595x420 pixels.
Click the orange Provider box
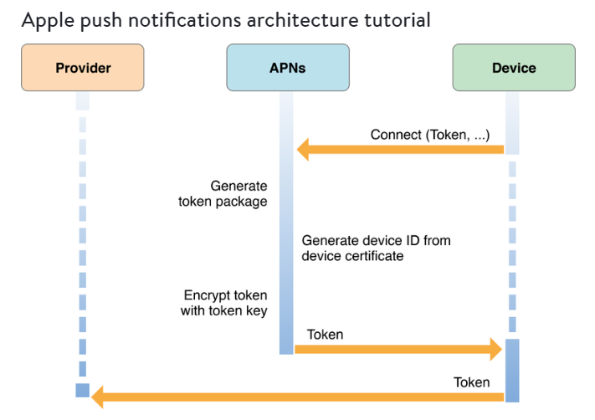[x=83, y=68]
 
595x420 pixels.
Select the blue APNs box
[x=288, y=68]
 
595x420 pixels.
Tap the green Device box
[x=514, y=68]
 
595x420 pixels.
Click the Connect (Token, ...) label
[x=430, y=135]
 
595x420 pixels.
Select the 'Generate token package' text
[x=223, y=193]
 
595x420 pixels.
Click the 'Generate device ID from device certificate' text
[x=376, y=248]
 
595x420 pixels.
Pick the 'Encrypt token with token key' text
[x=224, y=303]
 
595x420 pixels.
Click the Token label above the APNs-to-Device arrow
[x=326, y=335]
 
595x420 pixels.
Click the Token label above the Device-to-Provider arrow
[x=472, y=382]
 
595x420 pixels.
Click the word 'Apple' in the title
[x=48, y=20]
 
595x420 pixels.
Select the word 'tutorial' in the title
[x=398, y=20]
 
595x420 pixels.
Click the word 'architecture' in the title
[x=302, y=20]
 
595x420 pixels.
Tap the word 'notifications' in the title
[x=184, y=20]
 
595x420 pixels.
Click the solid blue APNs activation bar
[x=286, y=223]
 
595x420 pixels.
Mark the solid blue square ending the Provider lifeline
[x=83, y=390]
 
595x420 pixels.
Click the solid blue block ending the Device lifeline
[x=512, y=371]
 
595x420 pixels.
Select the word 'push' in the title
[x=101, y=20]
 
